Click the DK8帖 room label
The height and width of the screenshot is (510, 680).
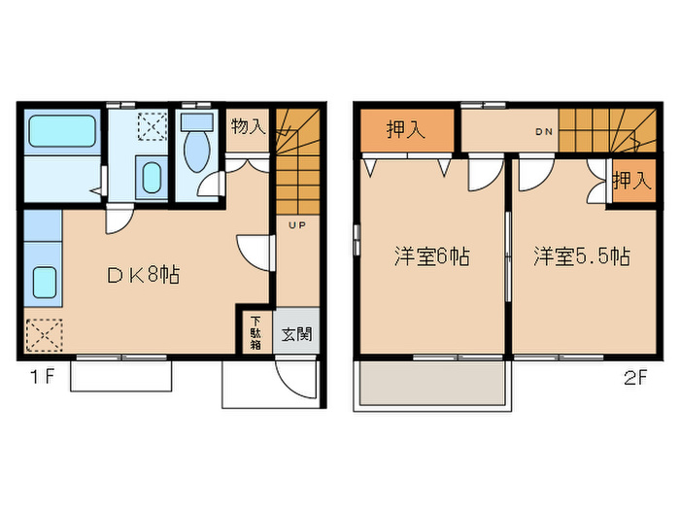click(x=143, y=275)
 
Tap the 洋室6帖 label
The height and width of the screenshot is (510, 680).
click(x=431, y=257)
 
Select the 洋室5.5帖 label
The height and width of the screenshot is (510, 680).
click(x=581, y=257)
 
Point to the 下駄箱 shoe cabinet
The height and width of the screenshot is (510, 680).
click(x=255, y=331)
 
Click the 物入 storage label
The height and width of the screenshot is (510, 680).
click(x=247, y=125)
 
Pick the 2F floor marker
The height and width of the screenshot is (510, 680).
click(x=635, y=378)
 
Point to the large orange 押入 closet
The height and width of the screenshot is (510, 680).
click(x=406, y=131)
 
